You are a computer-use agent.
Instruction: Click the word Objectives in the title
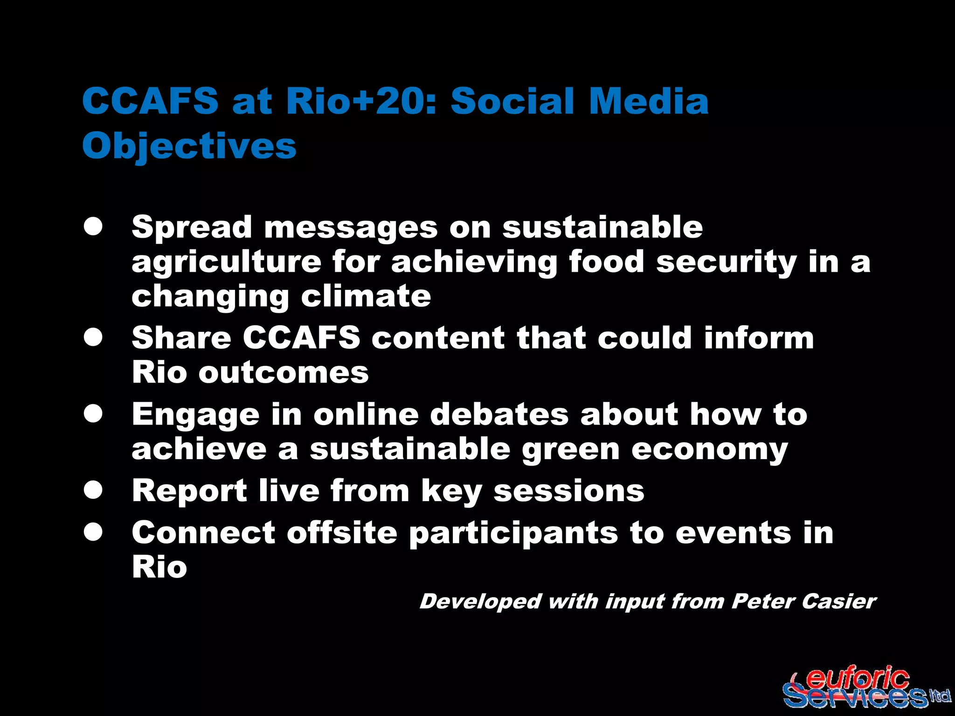[x=189, y=145]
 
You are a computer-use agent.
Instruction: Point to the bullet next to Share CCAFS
[x=93, y=337]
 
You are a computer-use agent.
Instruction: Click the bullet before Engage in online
[x=93, y=414]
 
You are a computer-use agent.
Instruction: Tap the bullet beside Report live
[x=93, y=490]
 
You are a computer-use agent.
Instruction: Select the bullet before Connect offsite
[x=93, y=532]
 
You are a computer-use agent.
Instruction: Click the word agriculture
[x=226, y=262]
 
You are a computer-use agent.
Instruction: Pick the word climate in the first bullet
[x=366, y=296]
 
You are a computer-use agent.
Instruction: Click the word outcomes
[x=284, y=372]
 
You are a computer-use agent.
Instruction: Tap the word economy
[x=709, y=449]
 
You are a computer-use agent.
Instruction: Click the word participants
[x=513, y=533]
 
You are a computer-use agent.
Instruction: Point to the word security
[x=726, y=262]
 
